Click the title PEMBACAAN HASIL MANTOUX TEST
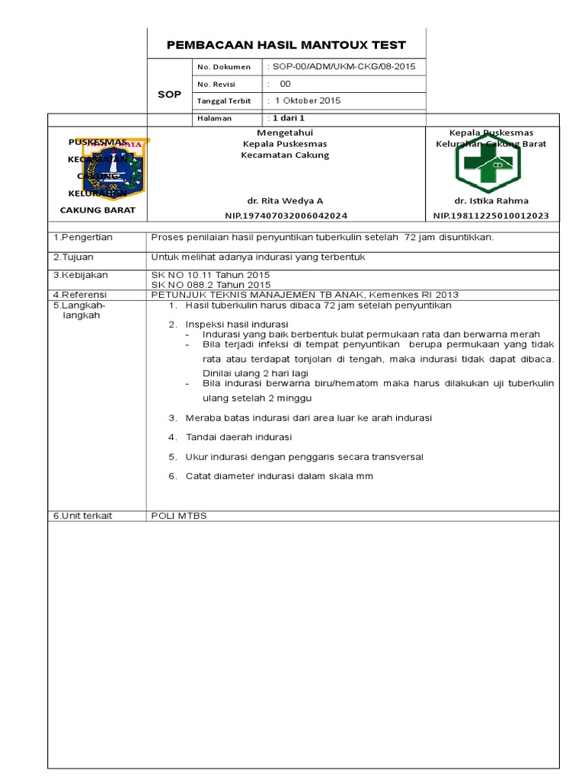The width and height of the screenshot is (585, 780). coord(286,45)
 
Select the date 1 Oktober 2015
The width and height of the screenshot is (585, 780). coord(307,101)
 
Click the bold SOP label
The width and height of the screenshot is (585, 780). coord(169,94)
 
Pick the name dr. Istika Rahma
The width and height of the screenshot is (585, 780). coord(491,201)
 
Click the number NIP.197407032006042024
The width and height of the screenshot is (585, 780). coord(286,216)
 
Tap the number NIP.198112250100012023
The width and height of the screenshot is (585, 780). coord(491,216)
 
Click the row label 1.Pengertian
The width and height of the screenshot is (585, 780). coord(83,238)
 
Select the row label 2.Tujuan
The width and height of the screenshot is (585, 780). coord(73,257)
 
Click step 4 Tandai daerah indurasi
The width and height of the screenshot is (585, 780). coord(238,437)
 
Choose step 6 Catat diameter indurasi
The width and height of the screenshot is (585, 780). coord(279,476)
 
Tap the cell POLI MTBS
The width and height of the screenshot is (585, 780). coord(179,516)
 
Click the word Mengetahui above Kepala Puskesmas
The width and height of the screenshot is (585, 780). coord(285,133)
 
